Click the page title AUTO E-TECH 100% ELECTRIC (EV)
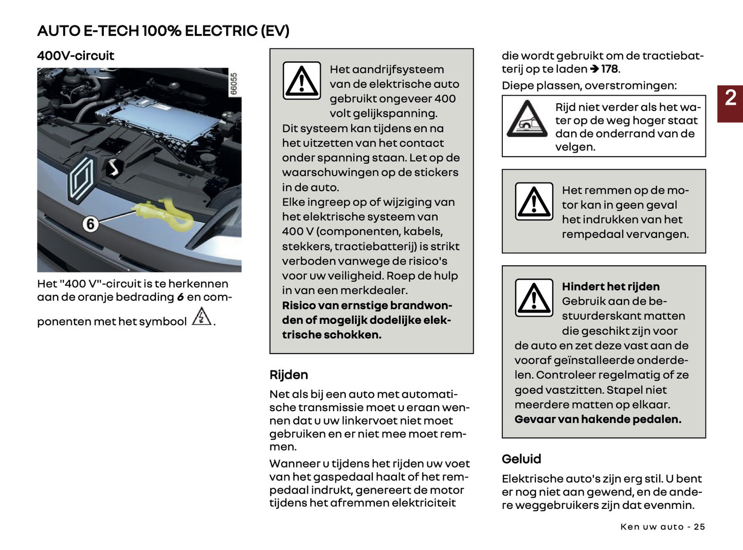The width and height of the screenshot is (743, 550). pos(163,31)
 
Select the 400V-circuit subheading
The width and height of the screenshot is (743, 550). pos(76,56)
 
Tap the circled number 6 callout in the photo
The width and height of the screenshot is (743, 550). pos(90,224)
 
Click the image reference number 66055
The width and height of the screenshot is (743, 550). pos(234,84)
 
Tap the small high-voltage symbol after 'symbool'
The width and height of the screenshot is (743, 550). pos(201,317)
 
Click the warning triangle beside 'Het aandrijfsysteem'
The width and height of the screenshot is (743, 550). pos(302,81)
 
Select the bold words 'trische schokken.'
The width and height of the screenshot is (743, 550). pos(332,335)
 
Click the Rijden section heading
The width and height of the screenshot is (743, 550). pos(288,375)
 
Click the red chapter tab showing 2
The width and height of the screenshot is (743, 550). pos(730,103)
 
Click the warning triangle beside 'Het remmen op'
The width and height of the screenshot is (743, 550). pos(534,201)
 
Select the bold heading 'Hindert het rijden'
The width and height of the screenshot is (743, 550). pos(610,286)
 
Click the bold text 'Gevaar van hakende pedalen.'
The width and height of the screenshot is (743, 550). pos(597,419)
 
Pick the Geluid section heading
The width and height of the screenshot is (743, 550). pos(521,459)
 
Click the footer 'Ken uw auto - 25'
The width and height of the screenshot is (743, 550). pos(662,527)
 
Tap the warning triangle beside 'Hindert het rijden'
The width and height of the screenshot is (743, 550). pos(534,298)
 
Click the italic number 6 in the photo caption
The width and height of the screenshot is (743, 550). pos(180,297)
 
